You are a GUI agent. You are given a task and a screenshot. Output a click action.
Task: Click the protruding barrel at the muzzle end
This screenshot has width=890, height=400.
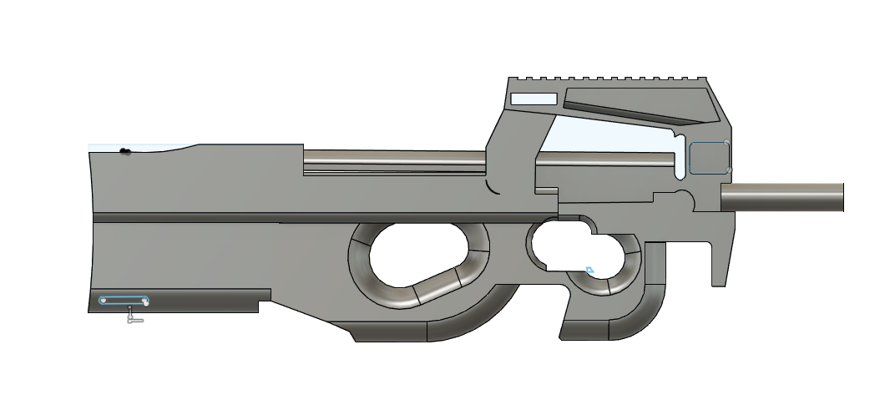click(785, 197)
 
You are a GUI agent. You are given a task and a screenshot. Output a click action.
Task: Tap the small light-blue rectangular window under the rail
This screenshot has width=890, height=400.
click(533, 99)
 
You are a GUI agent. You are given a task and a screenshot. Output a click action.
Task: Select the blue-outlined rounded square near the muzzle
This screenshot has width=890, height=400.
click(709, 156)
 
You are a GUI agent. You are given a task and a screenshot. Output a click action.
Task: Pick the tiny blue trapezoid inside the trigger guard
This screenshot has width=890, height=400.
click(589, 270)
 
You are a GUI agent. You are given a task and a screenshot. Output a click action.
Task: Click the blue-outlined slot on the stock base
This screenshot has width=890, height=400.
click(124, 300)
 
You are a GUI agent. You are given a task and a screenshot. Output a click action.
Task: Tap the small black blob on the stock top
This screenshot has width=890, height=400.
click(125, 152)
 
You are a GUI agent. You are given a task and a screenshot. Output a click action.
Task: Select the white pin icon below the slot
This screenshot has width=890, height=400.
click(134, 316)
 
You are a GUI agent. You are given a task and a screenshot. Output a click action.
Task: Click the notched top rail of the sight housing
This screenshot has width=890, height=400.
click(609, 82)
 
